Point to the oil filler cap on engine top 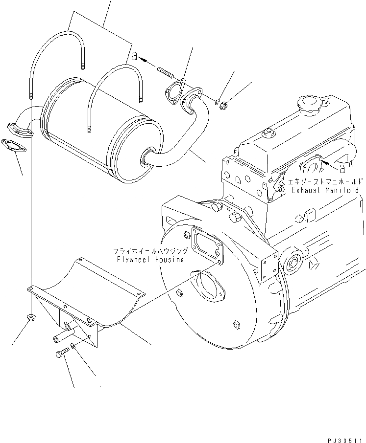pyautogui.click(x=308, y=104)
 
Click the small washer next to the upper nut pyautogui.click(x=217, y=101)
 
